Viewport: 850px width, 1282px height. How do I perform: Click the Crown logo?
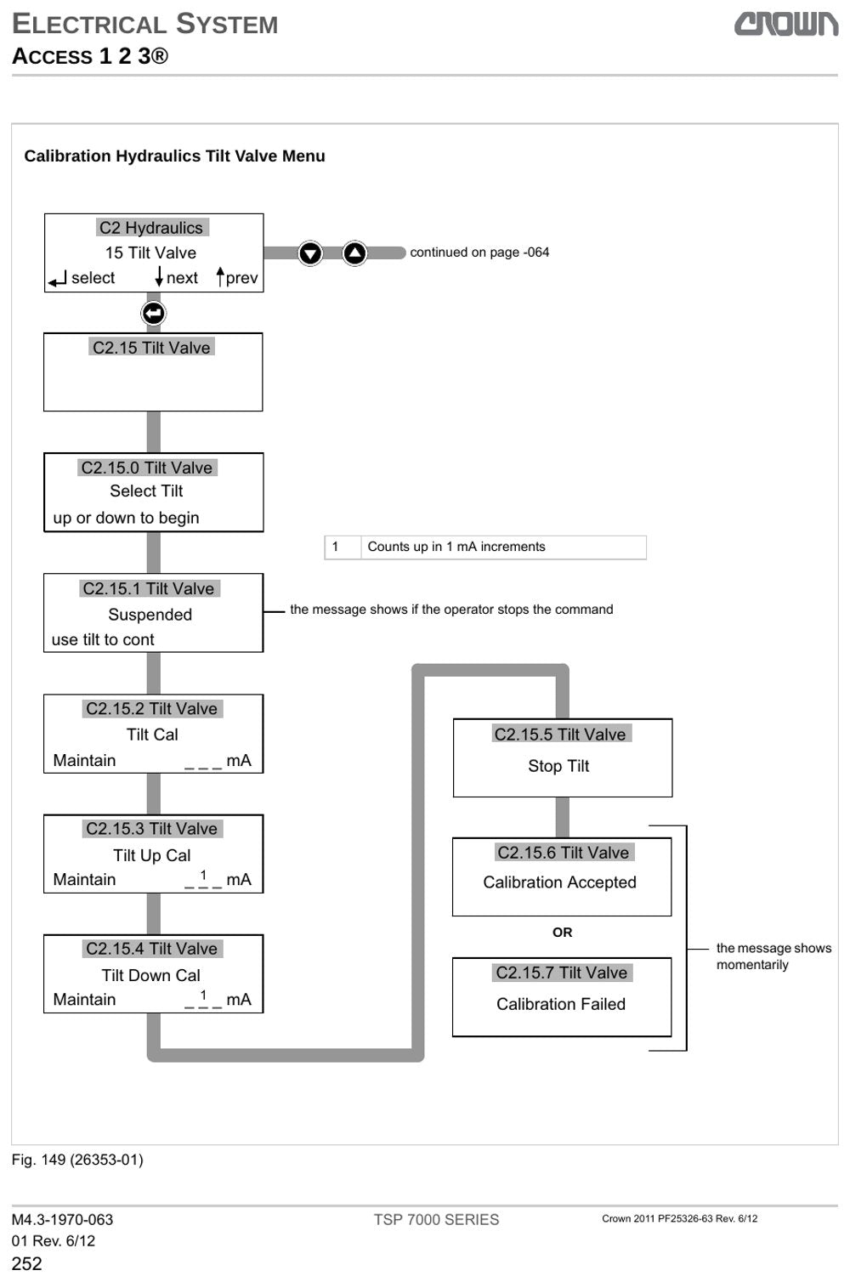pos(786,24)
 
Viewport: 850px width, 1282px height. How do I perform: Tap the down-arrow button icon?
pos(310,253)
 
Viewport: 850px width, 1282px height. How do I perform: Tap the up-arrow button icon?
pos(354,252)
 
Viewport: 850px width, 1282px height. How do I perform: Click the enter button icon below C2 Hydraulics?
pos(153,313)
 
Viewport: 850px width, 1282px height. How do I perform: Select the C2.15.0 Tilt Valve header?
pos(146,468)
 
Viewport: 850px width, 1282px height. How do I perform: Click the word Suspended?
pos(150,615)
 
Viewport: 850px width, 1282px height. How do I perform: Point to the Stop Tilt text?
pos(558,766)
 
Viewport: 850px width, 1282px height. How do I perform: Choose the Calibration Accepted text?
pos(560,882)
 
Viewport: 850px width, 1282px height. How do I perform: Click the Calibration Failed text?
pos(561,1004)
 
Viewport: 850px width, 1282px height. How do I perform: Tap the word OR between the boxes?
pos(562,933)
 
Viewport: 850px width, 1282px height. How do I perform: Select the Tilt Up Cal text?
pos(151,855)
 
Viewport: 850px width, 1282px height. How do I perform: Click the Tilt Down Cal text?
pos(151,975)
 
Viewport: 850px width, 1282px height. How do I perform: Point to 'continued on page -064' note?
pos(479,252)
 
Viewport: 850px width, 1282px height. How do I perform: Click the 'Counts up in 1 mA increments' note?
pos(456,547)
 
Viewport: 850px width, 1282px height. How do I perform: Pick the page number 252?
pos(27,1263)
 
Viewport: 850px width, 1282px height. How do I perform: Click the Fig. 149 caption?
pos(77,1160)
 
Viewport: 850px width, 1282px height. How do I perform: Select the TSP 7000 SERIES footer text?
pos(436,1220)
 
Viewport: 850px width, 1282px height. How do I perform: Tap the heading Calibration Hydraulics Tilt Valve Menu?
pos(174,156)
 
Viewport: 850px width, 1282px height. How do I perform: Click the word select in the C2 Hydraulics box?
pos(93,278)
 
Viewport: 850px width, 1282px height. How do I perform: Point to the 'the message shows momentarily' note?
pos(773,956)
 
